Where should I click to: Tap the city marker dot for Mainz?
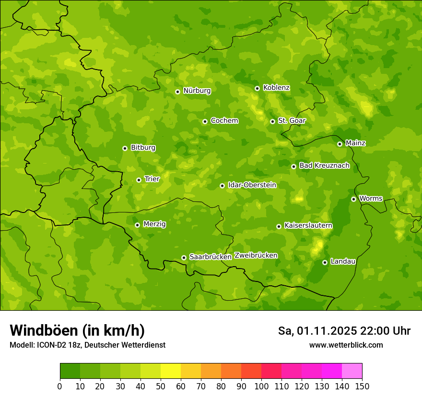point(340,144)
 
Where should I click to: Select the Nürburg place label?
point(197,91)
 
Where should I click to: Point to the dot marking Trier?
point(139,180)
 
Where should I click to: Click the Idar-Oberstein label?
point(252,185)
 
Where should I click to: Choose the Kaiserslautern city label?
point(308,225)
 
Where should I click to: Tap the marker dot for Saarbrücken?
point(184,258)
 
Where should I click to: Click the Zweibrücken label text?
point(256,256)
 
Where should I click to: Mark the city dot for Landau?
point(325,262)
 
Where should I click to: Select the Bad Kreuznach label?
point(324,165)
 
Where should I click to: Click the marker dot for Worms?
point(353,199)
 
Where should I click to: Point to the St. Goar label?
point(292,121)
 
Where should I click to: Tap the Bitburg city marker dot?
point(125,148)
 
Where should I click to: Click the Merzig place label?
point(154,224)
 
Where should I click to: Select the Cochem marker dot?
point(205,121)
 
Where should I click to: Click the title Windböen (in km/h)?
point(77,330)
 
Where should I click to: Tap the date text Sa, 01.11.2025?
point(317,331)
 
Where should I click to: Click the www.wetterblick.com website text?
point(346,345)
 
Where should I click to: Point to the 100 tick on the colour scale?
point(261,386)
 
